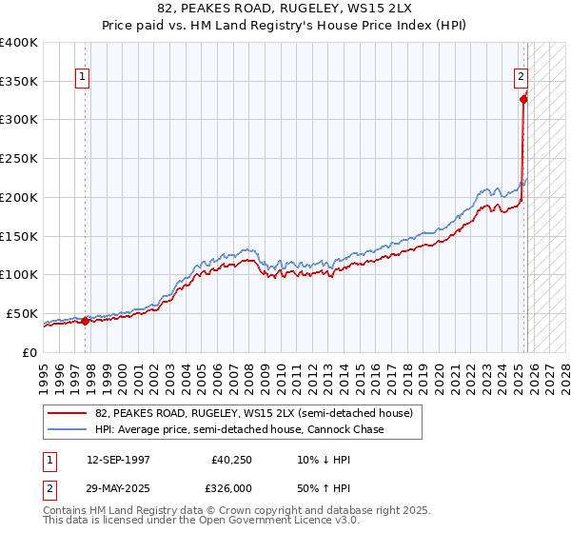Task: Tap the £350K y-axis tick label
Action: coord(19,81)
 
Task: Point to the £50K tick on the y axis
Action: coord(22,313)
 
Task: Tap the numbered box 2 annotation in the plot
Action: coord(522,78)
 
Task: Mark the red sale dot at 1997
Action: coord(86,321)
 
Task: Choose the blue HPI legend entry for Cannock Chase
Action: coord(239,430)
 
